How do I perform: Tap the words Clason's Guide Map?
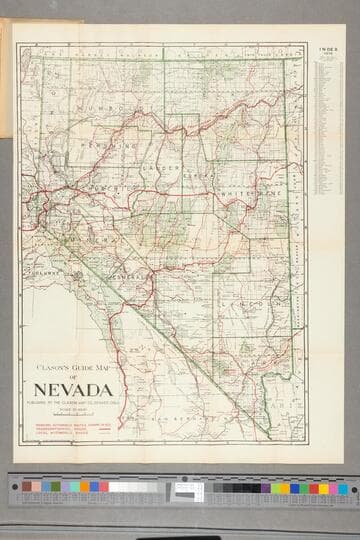point(76,365)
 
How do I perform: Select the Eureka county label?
point(198,174)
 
